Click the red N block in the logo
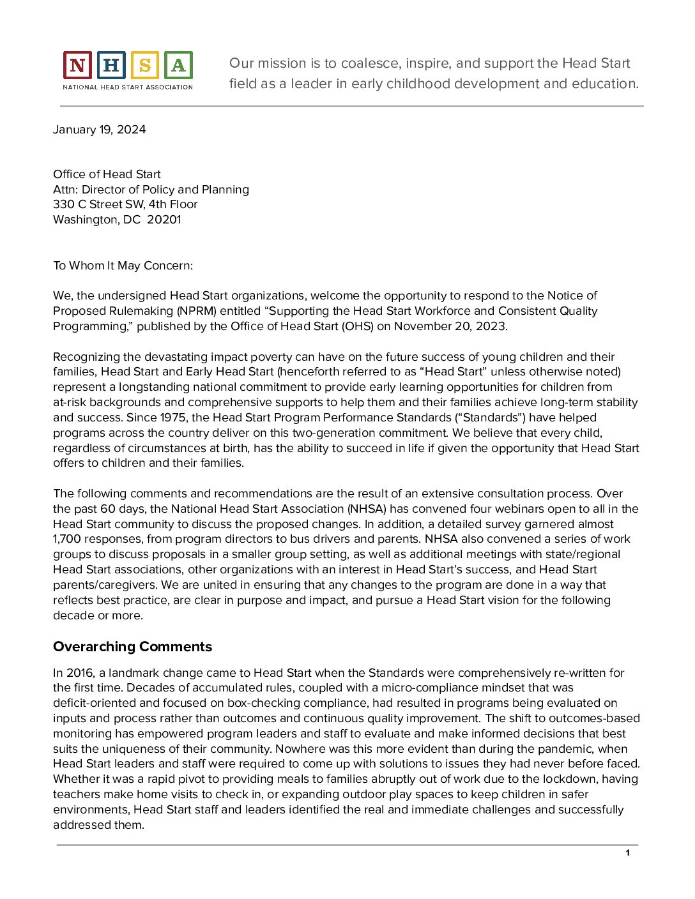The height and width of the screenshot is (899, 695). pos(77,65)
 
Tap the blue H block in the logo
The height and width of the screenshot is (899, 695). pos(111,65)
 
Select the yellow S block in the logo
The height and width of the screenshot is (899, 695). pos(145,65)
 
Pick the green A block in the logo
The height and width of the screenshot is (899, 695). pos(178,65)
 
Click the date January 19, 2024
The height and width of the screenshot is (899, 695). pos(99,130)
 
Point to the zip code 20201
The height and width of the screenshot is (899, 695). pos(164,220)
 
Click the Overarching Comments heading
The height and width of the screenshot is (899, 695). pos(132,647)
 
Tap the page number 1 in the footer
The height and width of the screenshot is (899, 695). pos(627,853)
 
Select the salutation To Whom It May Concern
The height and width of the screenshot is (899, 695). pos(123,266)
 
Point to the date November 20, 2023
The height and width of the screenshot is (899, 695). pos(450,326)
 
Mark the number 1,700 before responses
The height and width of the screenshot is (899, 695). pos(66,539)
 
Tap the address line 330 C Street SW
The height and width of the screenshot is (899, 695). pos(98,204)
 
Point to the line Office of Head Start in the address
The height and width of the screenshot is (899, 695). pos(107,174)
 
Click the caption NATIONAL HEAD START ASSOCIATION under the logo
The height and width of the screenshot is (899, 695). pos(128,87)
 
